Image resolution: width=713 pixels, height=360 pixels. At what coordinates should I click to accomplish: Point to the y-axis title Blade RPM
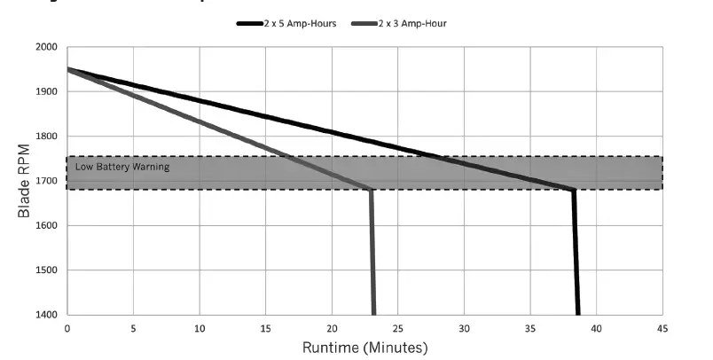(x=24, y=181)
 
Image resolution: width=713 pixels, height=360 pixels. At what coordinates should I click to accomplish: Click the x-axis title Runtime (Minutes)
(x=364, y=347)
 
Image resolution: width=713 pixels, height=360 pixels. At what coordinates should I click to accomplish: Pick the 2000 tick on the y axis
(x=46, y=48)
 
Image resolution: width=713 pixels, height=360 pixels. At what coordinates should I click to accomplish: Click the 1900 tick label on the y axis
(x=46, y=92)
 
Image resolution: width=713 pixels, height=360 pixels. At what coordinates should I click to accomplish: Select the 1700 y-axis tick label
(x=46, y=181)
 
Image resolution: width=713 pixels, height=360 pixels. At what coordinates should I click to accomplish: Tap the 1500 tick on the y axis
(x=46, y=270)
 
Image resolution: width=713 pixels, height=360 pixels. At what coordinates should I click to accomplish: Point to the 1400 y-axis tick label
(x=46, y=315)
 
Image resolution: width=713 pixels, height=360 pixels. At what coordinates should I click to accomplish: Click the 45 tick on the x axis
(x=662, y=327)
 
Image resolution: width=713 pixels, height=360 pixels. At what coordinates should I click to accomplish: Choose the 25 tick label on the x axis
(x=397, y=327)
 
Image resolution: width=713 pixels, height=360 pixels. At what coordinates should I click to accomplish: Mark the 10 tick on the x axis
(x=200, y=327)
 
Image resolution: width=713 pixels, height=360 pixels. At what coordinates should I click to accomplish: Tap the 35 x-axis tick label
(x=530, y=327)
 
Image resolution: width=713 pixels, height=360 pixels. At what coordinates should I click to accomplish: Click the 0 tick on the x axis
(x=67, y=327)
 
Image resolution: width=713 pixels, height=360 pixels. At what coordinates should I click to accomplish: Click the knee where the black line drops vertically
(x=574, y=190)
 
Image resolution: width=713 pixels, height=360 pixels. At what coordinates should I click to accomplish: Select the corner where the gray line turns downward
(x=371, y=190)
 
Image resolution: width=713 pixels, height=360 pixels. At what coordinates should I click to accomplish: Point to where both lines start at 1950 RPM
(x=68, y=69)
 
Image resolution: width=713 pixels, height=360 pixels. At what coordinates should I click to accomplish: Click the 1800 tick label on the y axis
(x=46, y=137)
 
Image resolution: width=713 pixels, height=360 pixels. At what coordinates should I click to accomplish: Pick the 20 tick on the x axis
(x=332, y=327)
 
